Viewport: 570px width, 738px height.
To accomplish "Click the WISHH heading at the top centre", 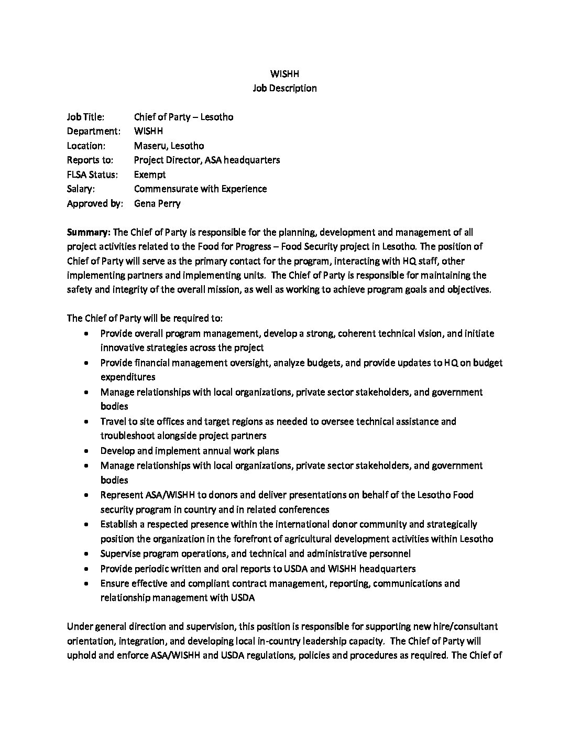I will pyautogui.click(x=284, y=74).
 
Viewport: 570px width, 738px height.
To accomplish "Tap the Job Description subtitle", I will pyautogui.click(x=284, y=88).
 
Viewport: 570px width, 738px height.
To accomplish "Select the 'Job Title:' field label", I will pyautogui.click(x=85, y=117).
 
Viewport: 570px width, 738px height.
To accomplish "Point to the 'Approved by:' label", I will pyautogui.click(x=95, y=203).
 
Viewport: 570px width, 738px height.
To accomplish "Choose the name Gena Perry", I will pyautogui.click(x=157, y=203).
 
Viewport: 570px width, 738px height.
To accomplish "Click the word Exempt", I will pyautogui.click(x=150, y=175).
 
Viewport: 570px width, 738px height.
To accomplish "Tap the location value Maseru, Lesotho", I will pyautogui.click(x=169, y=146).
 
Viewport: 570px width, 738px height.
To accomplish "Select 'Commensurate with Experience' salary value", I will pyautogui.click(x=200, y=189).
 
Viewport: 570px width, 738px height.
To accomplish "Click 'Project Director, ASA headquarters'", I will pyautogui.click(x=207, y=160).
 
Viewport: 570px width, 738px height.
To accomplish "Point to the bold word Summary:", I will pyautogui.click(x=89, y=232).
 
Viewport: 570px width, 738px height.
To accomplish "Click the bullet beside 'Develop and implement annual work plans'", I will pyautogui.click(x=86, y=451).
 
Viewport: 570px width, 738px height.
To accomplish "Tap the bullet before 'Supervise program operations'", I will pyautogui.click(x=86, y=553).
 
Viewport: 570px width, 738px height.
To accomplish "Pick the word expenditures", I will pyautogui.click(x=128, y=377).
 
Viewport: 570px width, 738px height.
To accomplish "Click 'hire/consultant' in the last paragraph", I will pyautogui.click(x=466, y=626).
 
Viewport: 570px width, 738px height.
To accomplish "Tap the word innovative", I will pyautogui.click(x=123, y=348).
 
